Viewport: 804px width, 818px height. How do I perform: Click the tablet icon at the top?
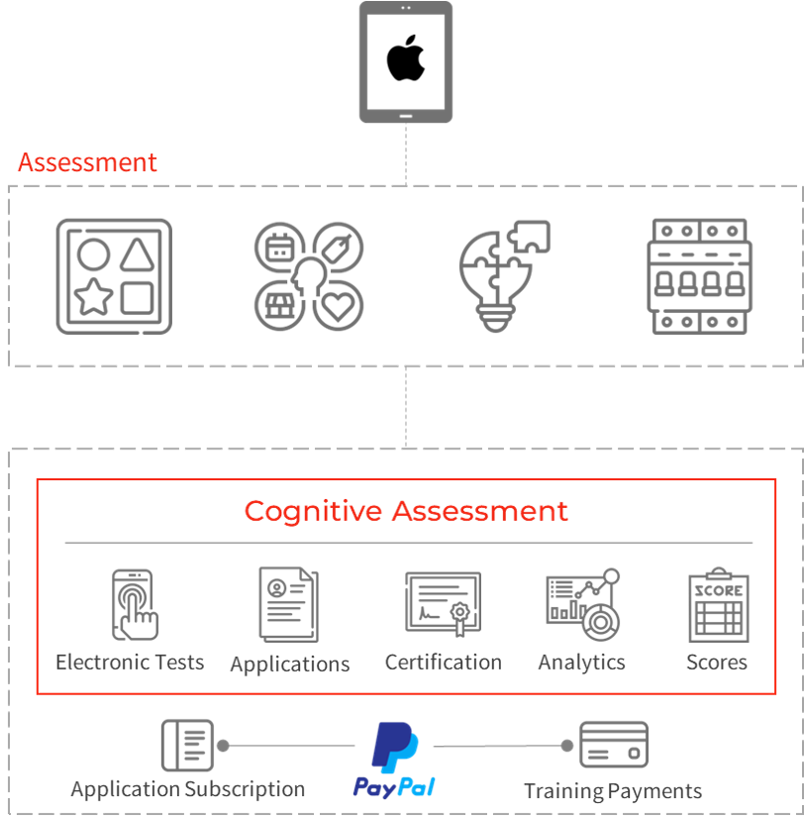click(406, 61)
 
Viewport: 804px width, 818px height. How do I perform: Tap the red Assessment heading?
click(87, 162)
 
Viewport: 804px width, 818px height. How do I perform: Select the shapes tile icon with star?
click(114, 276)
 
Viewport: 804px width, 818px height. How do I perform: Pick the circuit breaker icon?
click(700, 276)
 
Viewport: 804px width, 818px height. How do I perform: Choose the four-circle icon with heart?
click(308, 276)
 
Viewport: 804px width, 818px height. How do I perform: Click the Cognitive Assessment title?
click(406, 511)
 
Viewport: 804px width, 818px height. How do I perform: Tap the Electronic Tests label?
click(130, 662)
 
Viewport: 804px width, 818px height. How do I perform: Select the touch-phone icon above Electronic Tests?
click(135, 603)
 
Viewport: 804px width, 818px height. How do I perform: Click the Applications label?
click(290, 664)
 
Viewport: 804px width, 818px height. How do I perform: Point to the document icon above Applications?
click(288, 604)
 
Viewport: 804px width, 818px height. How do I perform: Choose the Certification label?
click(443, 662)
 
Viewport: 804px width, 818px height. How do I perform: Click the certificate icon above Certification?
click(443, 604)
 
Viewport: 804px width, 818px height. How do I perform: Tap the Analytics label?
click(581, 662)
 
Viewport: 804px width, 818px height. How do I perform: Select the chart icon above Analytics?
click(582, 604)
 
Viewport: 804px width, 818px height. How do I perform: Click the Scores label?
click(716, 662)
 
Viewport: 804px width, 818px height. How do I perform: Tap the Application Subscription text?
click(188, 789)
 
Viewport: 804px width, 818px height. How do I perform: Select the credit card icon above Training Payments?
click(613, 746)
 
